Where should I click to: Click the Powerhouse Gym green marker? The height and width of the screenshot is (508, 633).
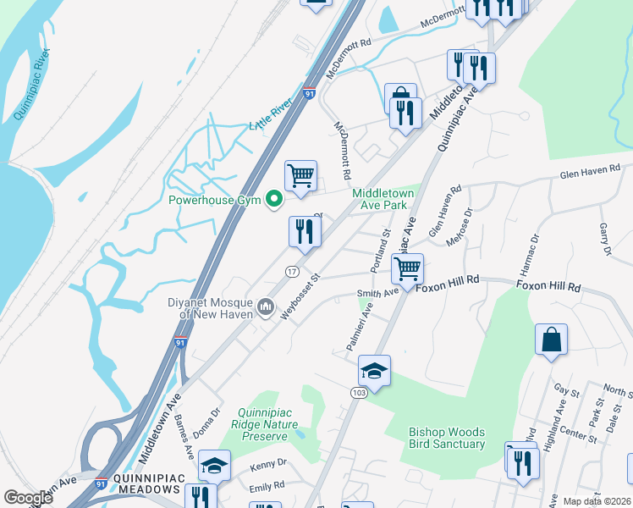point(273,200)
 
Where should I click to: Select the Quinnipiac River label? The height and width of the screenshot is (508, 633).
point(32,85)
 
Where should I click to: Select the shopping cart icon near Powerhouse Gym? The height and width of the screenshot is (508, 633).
point(300,176)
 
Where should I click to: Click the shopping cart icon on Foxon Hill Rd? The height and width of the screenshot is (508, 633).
point(408,269)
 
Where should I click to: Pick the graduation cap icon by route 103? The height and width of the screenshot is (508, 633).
point(374,370)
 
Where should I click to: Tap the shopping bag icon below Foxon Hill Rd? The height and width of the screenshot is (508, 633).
point(551,340)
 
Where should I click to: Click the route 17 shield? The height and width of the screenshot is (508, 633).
point(290,271)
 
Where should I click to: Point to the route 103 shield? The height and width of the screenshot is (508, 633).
point(358,394)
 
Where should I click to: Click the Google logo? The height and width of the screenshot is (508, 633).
point(27,498)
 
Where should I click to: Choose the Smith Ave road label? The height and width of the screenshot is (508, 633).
point(377,294)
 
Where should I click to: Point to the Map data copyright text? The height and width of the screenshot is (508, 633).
point(597,501)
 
